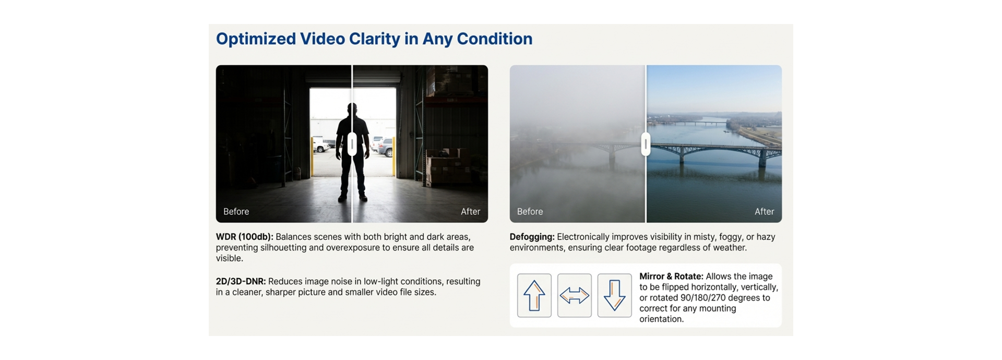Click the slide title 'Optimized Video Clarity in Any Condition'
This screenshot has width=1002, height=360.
[374, 39]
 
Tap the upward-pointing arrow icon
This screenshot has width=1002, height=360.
[534, 295]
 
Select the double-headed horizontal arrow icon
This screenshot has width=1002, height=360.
[574, 295]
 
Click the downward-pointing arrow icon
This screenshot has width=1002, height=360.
[614, 295]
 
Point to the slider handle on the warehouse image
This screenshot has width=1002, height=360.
[352, 144]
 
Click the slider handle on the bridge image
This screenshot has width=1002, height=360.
[646, 144]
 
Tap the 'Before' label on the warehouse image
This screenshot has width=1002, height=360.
[236, 211]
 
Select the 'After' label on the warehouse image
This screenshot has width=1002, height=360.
[470, 211]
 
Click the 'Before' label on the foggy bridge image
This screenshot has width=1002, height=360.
[530, 211]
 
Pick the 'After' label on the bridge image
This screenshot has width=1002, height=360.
[764, 211]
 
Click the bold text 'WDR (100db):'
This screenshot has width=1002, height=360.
[244, 237]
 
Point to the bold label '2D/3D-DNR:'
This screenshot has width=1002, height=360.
[241, 282]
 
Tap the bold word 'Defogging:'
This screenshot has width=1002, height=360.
[532, 237]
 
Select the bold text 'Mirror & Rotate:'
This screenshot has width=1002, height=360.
[671, 277]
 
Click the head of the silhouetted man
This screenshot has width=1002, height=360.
[352, 110]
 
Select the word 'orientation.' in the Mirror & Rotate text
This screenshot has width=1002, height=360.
[661, 319]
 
